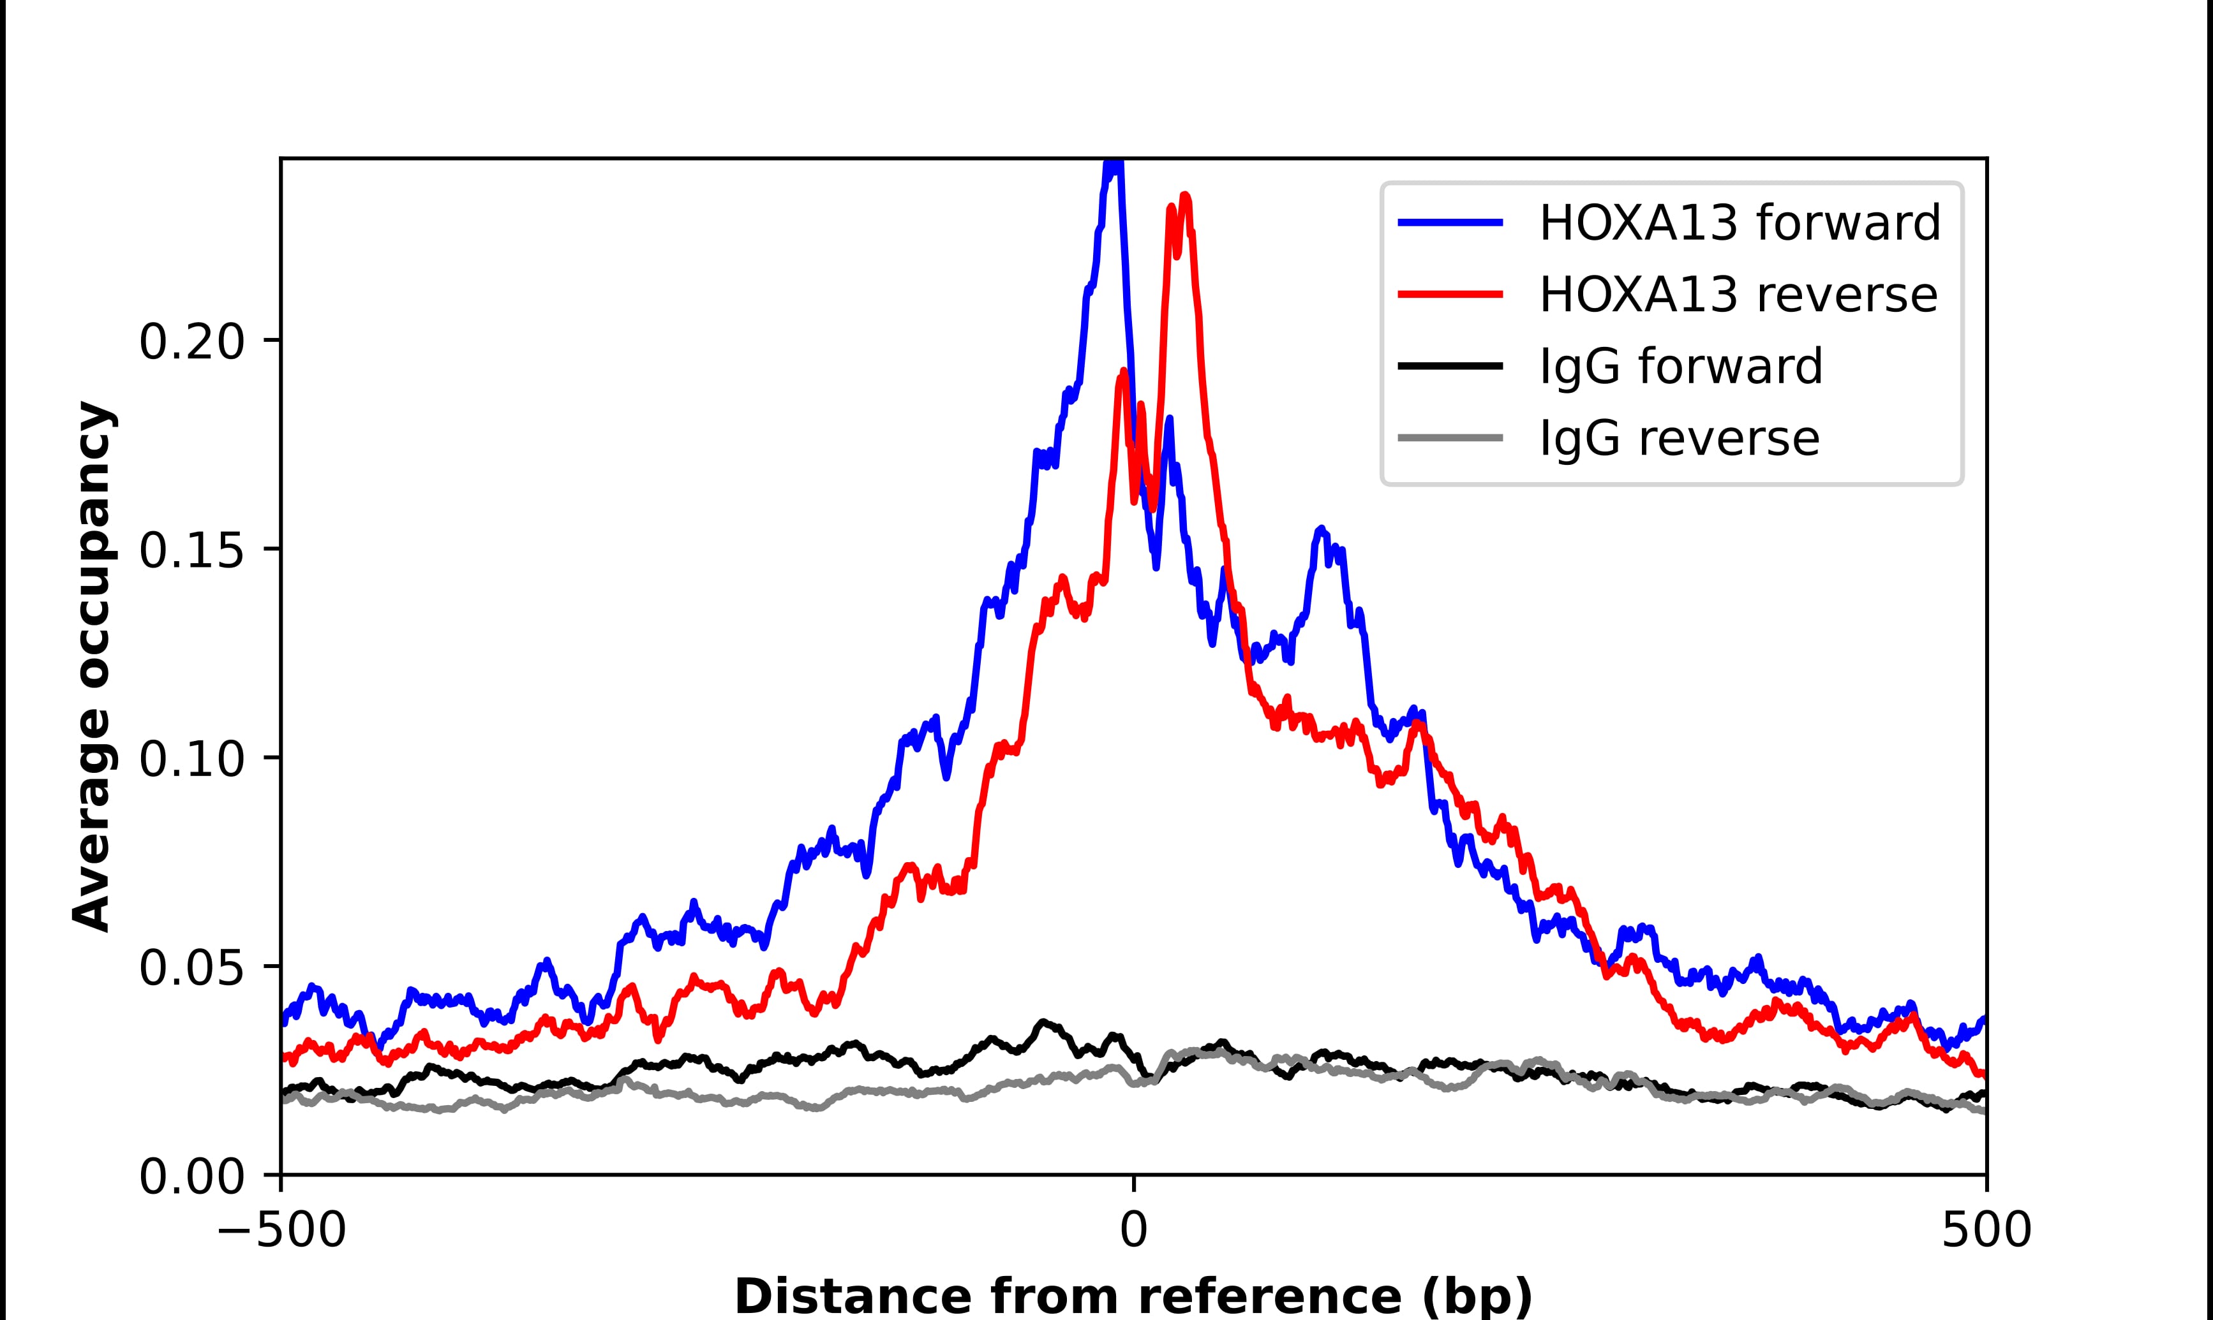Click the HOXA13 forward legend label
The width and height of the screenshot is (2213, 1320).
pyautogui.click(x=1740, y=223)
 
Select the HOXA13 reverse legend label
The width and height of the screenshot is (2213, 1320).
pyautogui.click(x=1738, y=295)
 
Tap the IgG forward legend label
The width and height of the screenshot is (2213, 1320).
pyautogui.click(x=1681, y=367)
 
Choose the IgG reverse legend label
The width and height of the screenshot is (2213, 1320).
pyautogui.click(x=1679, y=439)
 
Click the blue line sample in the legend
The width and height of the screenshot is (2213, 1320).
pyautogui.click(x=1450, y=223)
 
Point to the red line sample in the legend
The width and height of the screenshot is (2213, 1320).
pyautogui.click(x=1450, y=295)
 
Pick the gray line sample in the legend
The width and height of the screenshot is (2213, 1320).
pyautogui.click(x=1450, y=439)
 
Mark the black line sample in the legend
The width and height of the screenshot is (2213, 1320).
pyautogui.click(x=1450, y=367)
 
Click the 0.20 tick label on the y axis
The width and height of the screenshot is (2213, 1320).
pyautogui.click(x=191, y=342)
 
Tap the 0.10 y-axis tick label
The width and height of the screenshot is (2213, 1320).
pyautogui.click(x=191, y=761)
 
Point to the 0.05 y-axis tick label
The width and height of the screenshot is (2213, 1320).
pyautogui.click(x=191, y=969)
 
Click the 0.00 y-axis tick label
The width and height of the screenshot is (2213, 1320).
pyautogui.click(x=191, y=1178)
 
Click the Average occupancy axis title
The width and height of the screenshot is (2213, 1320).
pyautogui.click(x=93, y=667)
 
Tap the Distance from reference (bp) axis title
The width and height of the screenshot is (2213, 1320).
pyautogui.click(x=1133, y=1296)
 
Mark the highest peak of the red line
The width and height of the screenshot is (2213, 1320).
pyautogui.click(x=1185, y=196)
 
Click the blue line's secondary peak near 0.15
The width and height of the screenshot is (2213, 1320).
pyautogui.click(x=1322, y=529)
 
